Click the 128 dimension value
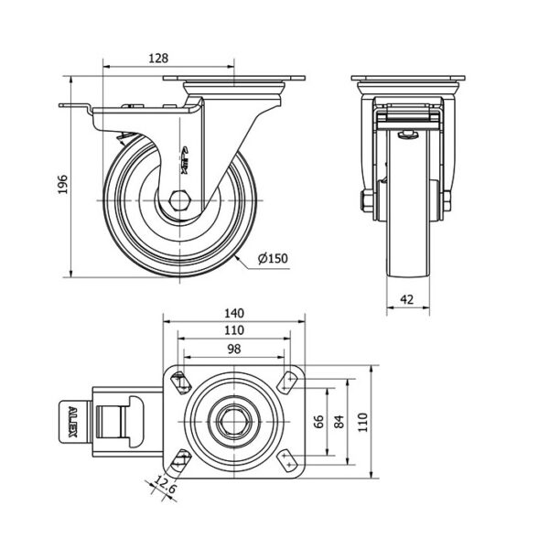(x=158, y=59)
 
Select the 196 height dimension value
(x=62, y=185)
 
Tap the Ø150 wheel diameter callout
(x=273, y=258)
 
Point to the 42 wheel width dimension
(x=406, y=300)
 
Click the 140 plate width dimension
(x=234, y=313)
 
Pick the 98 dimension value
(x=234, y=350)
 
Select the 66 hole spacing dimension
(x=318, y=422)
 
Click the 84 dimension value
(x=339, y=422)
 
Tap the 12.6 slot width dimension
(x=164, y=485)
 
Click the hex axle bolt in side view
(x=179, y=200)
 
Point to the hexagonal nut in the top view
(x=233, y=422)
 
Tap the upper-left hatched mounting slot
(x=180, y=382)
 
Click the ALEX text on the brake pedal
(x=72, y=422)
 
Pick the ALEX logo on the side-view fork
(x=186, y=159)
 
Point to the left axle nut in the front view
(x=366, y=201)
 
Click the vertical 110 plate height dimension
(x=362, y=422)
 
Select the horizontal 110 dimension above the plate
(x=234, y=330)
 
